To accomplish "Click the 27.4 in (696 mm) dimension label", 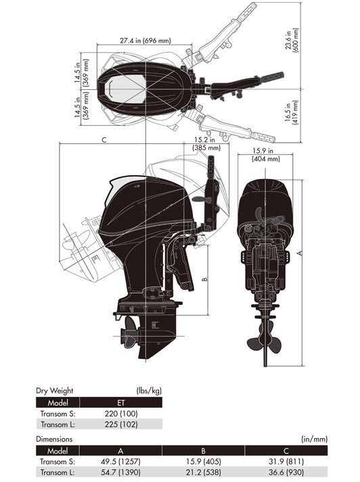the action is pyautogui.click(x=145, y=41).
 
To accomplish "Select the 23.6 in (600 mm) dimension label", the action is pyautogui.click(x=292, y=40).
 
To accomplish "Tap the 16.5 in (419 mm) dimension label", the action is pyautogui.click(x=292, y=112).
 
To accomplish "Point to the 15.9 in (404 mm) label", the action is pyautogui.click(x=265, y=155).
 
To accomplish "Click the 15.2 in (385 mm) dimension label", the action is pyautogui.click(x=206, y=143).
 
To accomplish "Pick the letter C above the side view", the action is pyautogui.click(x=104, y=140).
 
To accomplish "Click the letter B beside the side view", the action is pyautogui.click(x=204, y=279).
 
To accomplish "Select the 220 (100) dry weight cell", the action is pyautogui.click(x=121, y=414).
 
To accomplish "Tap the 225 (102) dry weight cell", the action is pyautogui.click(x=121, y=425).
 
